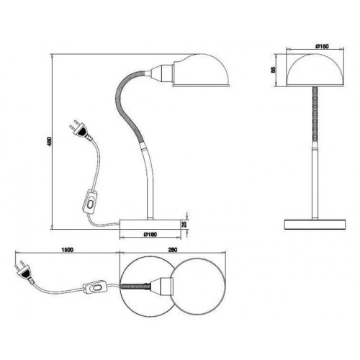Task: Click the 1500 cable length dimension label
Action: point(68,250)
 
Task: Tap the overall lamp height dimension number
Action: point(49,142)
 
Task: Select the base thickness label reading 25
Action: point(184,224)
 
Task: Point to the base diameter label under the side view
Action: point(150,235)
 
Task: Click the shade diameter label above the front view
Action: point(322,46)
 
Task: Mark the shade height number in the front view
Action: point(273,70)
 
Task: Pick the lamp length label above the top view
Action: point(173,250)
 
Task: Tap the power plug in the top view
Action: point(24,272)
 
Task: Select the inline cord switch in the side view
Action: point(89,202)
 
